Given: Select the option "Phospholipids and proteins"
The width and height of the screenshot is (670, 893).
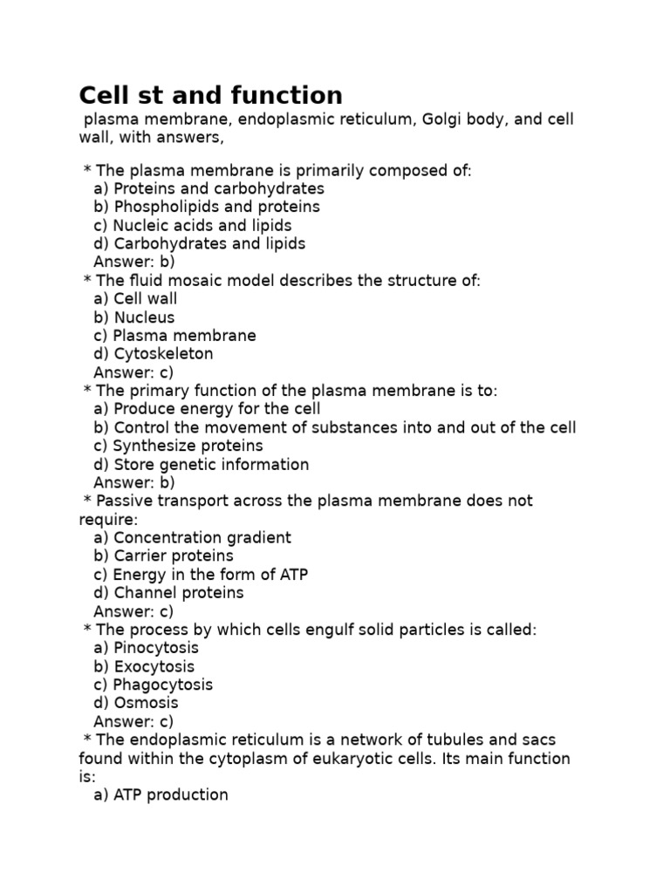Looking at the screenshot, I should [x=207, y=207].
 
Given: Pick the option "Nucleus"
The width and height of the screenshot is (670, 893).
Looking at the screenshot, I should [x=134, y=317].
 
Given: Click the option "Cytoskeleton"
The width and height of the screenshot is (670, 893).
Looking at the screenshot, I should [x=154, y=354].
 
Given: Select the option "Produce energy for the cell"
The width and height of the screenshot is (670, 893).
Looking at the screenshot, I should [x=207, y=409].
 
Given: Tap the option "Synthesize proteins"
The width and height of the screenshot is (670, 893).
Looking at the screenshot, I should [x=178, y=446].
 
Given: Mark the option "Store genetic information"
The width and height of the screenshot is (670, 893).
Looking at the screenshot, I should [x=201, y=465].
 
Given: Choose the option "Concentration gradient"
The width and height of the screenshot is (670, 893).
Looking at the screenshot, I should [x=192, y=538].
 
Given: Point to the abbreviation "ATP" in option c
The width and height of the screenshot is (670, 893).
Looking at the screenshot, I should [x=291, y=575].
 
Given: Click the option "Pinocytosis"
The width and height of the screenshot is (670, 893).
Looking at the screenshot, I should [x=146, y=648].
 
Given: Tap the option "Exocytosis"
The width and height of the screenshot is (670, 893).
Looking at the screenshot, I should [x=144, y=666].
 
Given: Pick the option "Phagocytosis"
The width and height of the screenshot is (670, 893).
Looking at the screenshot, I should [x=153, y=685].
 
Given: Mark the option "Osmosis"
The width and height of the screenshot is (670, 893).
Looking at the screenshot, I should [x=136, y=703].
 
